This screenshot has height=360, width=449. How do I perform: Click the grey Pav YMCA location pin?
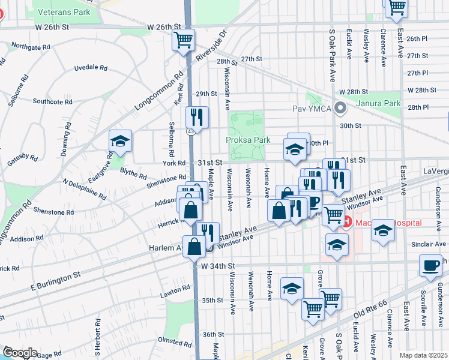(x=341, y=109)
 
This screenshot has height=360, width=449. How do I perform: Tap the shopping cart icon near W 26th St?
(x=183, y=40)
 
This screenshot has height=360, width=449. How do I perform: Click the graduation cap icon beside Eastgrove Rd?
(x=120, y=142)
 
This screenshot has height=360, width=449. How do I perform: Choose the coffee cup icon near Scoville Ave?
(x=431, y=266)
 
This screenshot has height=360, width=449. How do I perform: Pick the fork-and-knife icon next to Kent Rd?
(x=197, y=116)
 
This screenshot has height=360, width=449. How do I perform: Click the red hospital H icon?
(x=346, y=223)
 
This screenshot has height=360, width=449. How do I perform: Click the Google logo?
(x=19, y=353)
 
